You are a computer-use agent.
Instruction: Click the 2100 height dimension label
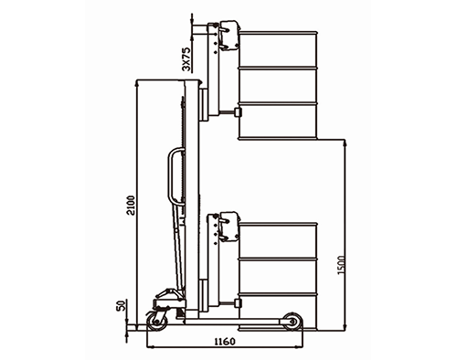131,206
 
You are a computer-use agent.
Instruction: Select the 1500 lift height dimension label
342,265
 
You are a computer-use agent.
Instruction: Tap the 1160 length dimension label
225,342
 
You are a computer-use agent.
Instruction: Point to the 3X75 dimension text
186,59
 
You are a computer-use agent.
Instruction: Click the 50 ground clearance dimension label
122,305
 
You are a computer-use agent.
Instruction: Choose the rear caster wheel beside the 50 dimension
156,321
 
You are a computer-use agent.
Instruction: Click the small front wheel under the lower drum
292,321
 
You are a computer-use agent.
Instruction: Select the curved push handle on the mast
173,176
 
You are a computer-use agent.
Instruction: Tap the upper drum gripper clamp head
229,36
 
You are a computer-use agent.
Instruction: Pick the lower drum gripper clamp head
229,227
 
